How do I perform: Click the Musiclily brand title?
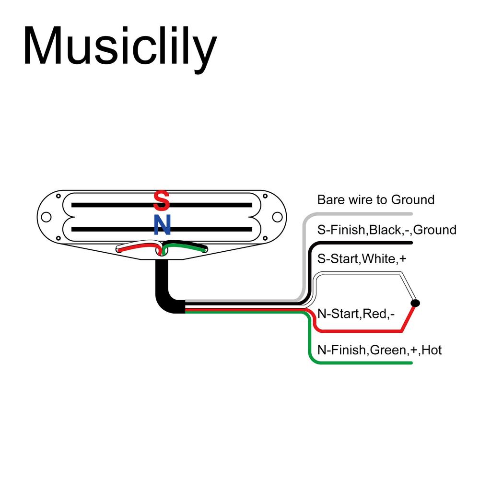120,47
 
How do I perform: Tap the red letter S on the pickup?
162,201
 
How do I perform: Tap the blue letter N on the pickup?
162,225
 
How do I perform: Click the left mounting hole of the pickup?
46,217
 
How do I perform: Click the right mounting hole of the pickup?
277,217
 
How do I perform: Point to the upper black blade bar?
110,205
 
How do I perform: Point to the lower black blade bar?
110,229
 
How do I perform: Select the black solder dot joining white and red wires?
415,303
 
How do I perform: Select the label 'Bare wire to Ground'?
375,199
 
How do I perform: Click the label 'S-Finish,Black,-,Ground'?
386,230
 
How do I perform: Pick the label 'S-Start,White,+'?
362,259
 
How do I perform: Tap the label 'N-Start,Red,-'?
356,314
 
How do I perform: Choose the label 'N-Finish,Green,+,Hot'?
379,351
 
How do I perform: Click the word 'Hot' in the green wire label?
432,351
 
